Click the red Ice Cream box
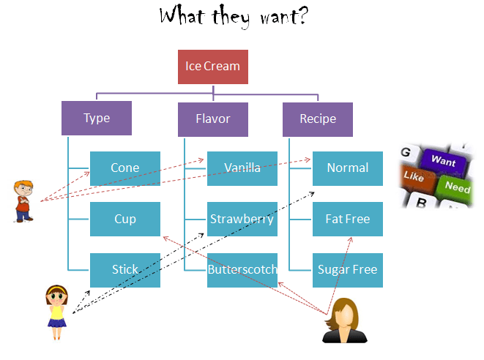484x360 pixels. coord(212,67)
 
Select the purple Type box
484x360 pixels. coord(97,119)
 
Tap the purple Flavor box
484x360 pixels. coord(213,119)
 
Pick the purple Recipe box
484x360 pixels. coord(318,119)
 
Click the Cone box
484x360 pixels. coord(125,168)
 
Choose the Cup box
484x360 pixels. coord(125,219)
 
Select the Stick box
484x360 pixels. coord(125,270)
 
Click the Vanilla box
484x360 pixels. coord(242,168)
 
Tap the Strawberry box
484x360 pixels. coord(242,219)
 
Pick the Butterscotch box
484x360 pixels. coord(242,270)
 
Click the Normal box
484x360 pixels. coord(348,168)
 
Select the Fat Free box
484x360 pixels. coord(348,219)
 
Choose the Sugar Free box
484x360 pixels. coord(348,270)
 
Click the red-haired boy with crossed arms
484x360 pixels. coord(24,199)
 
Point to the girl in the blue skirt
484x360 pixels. coord(56,312)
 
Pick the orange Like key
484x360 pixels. coord(414,177)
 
